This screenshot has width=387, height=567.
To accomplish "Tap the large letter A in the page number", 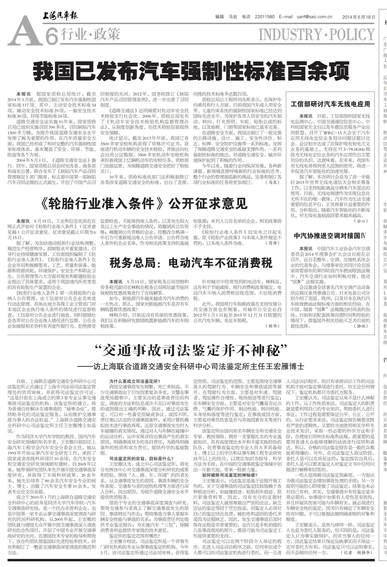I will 23,34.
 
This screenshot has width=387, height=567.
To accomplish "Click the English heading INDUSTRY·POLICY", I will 317,35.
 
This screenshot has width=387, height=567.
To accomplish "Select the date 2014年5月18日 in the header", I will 359,17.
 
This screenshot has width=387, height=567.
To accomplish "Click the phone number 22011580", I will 265,17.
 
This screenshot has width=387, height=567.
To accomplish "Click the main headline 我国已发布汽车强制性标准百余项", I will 191,71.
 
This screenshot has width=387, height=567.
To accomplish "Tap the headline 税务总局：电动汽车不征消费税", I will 191,263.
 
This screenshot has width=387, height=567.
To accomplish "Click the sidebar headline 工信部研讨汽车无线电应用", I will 330,104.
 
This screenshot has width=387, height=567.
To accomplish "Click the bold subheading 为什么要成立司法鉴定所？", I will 135,381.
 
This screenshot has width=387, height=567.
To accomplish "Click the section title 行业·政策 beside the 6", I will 90,34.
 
